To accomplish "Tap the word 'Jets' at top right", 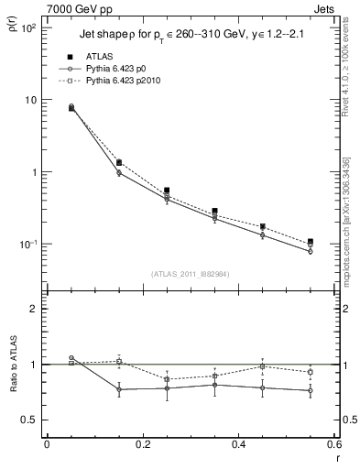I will tap(325, 8).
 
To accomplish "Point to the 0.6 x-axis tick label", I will tap(332, 443).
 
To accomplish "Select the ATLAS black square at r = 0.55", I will tap(311, 242).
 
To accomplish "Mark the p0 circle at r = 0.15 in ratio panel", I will tap(119, 389).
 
